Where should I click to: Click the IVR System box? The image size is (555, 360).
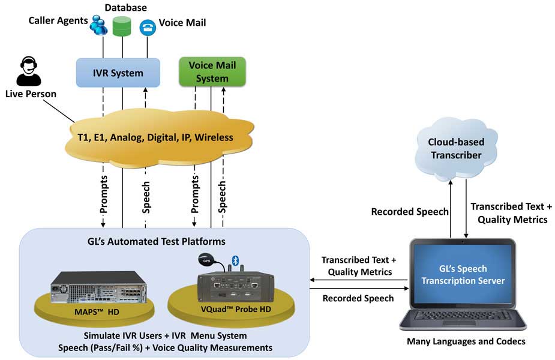point(118,73)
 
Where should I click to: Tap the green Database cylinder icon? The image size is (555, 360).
point(122,25)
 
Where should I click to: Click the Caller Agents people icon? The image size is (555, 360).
point(97,25)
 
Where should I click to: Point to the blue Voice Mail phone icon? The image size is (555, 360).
point(147,28)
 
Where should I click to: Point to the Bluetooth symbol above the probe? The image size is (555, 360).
point(236,259)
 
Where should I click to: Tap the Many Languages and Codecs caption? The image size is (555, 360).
point(461,341)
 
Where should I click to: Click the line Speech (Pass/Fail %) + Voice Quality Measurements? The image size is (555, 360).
point(165,347)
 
